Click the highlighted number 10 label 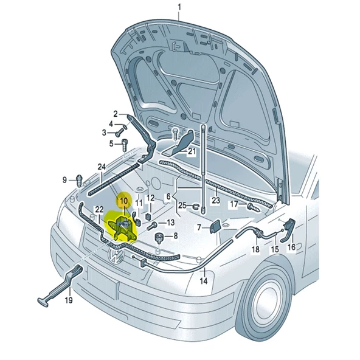pyautogui.click(x=123, y=201)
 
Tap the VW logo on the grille pyautogui.click(x=116, y=255)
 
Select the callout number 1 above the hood pyautogui.click(x=179, y=7)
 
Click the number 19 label pyautogui.click(x=69, y=300)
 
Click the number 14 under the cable pyautogui.click(x=204, y=281)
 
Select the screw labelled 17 pyautogui.click(x=254, y=207)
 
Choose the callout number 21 pyautogui.click(x=192, y=151)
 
